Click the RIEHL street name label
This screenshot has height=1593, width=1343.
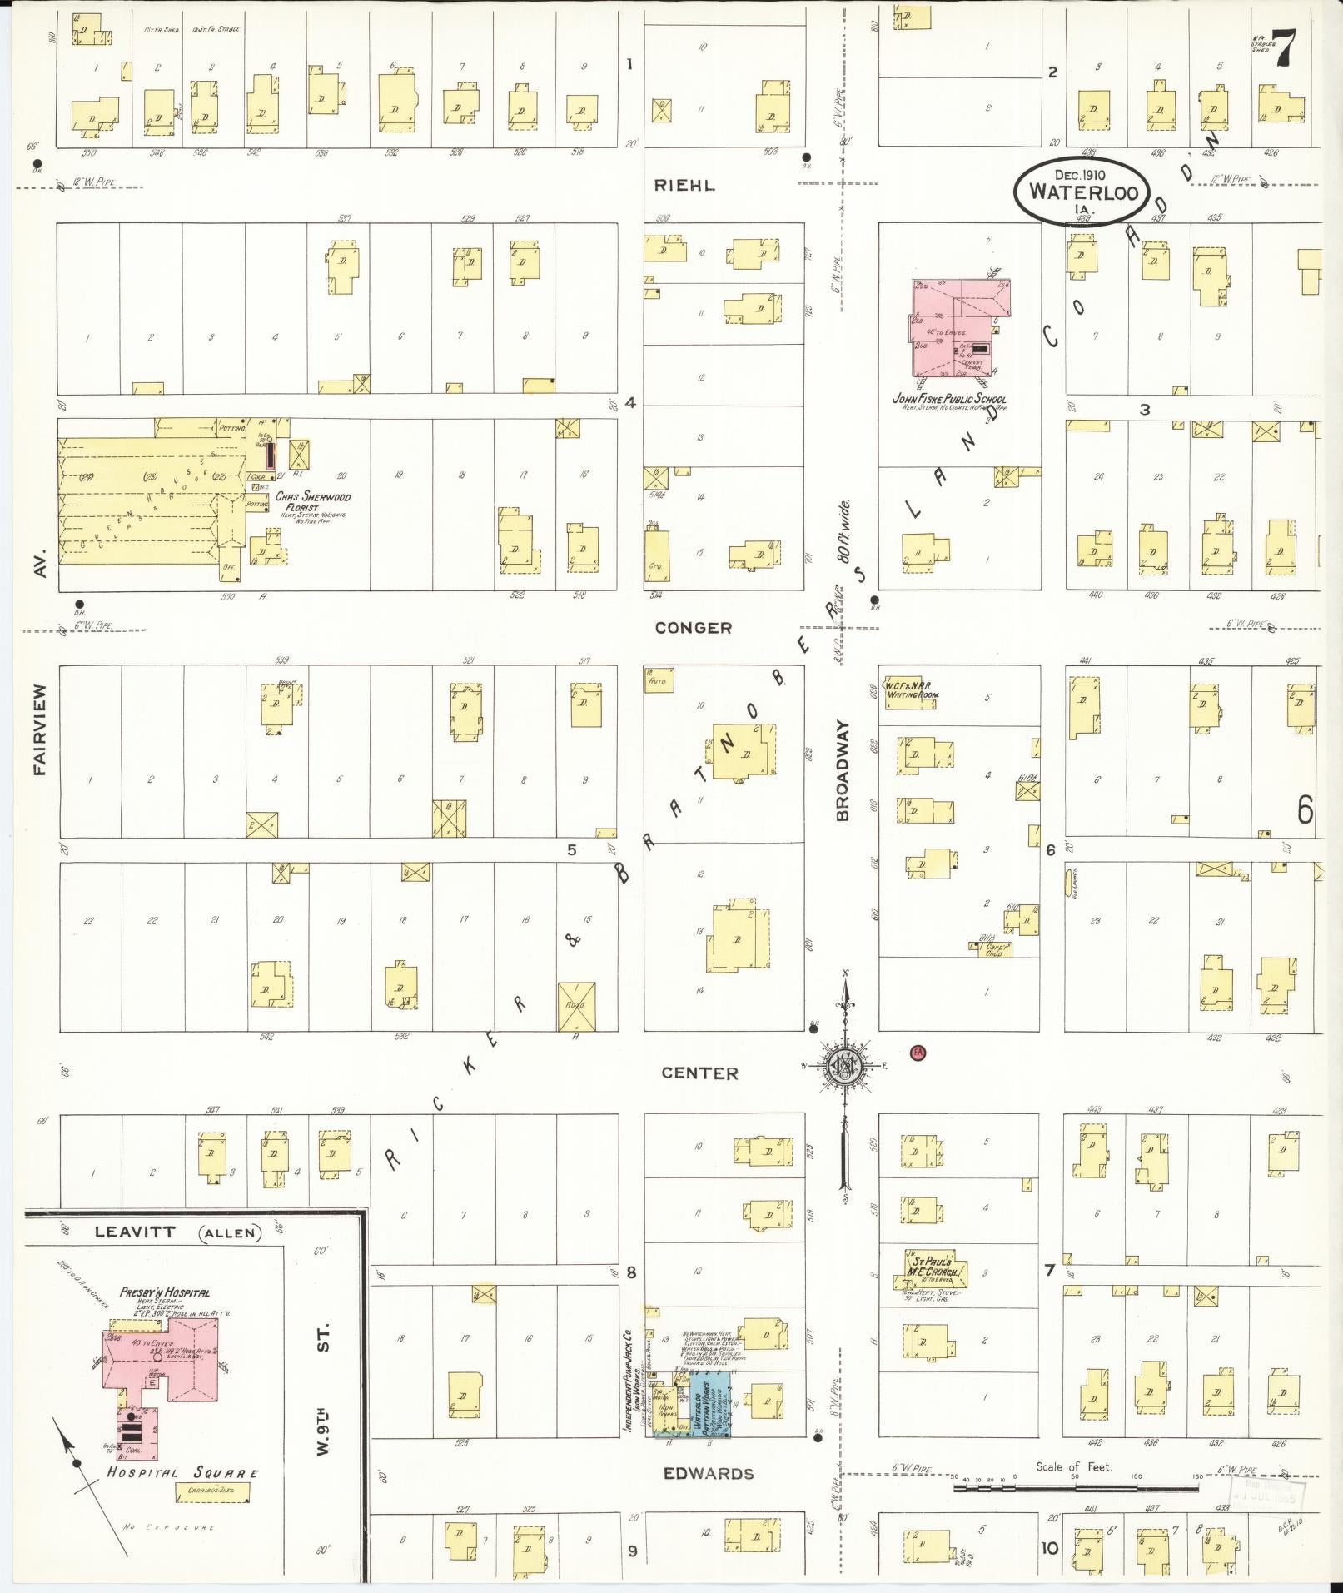pyautogui.click(x=684, y=185)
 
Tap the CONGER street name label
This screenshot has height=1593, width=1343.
pyautogui.click(x=693, y=628)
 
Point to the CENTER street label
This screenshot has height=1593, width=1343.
pyautogui.click(x=699, y=1073)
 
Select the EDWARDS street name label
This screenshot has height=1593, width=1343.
pyautogui.click(x=709, y=1473)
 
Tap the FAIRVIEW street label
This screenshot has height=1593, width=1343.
pyautogui.click(x=38, y=730)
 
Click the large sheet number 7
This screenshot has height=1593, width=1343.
pyautogui.click(x=1286, y=48)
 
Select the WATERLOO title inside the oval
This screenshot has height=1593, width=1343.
pyautogui.click(x=1081, y=191)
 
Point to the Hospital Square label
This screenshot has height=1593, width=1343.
pyautogui.click(x=182, y=1472)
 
